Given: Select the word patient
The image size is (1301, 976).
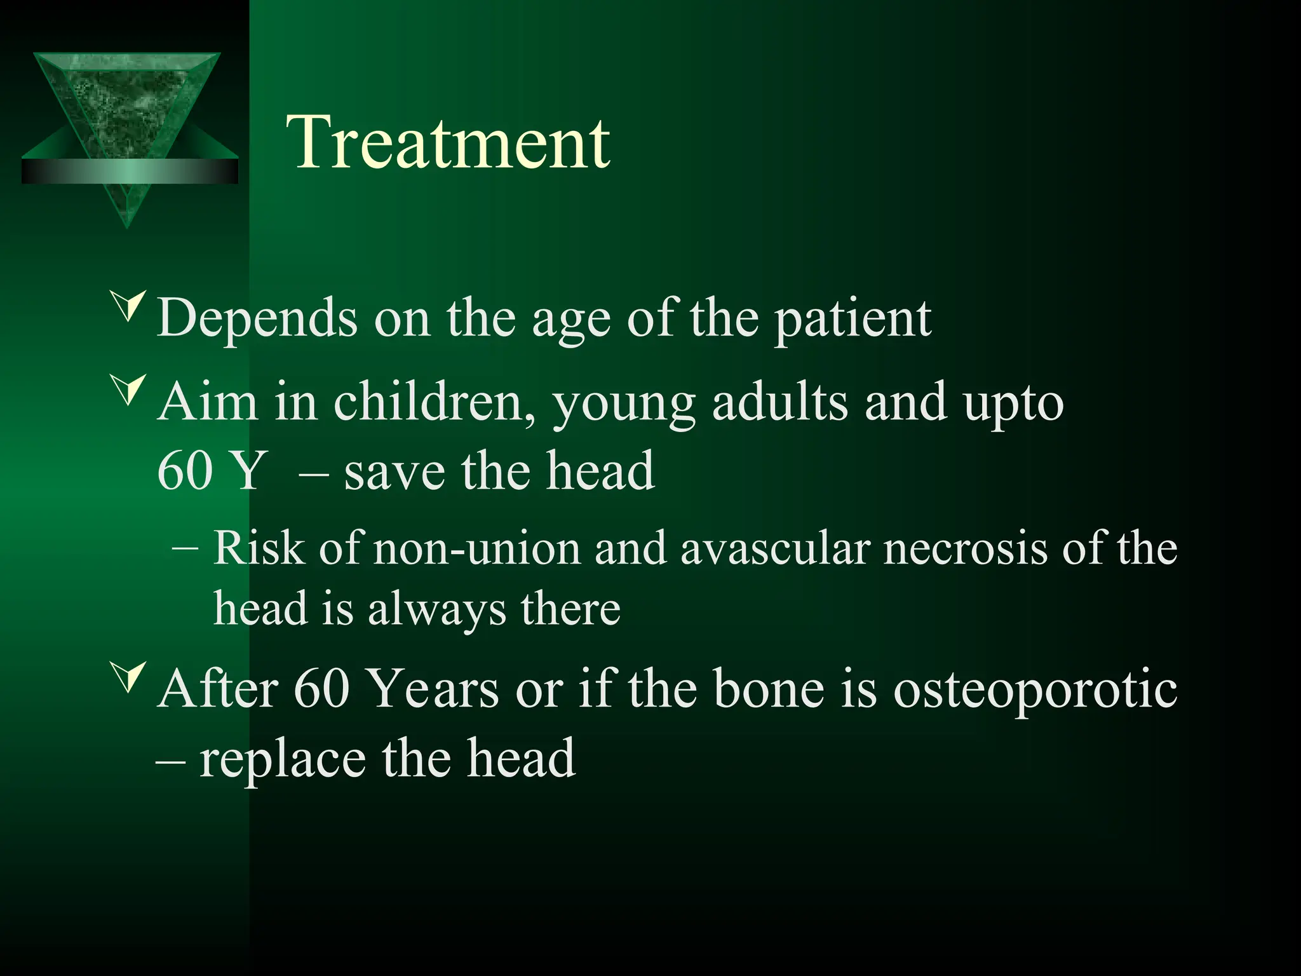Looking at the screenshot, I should tap(852, 318).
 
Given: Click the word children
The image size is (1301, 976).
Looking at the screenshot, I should tap(435, 402).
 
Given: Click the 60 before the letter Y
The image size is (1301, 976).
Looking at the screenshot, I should tap(184, 471).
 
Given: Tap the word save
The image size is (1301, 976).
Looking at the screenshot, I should tap(394, 471).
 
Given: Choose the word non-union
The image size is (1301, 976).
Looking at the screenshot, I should tap(476, 548).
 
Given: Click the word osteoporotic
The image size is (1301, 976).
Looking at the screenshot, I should tap(1035, 689).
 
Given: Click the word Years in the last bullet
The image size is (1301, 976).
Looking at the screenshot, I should tap(433, 689).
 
